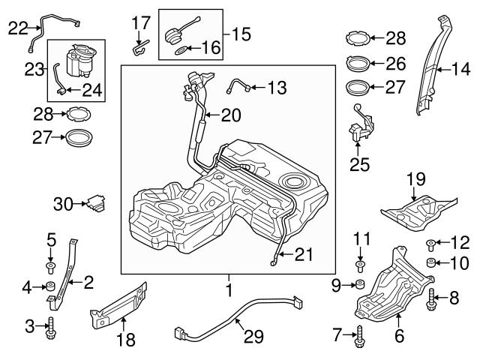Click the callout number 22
(x=16, y=28)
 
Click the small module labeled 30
(x=95, y=202)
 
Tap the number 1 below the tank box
(x=227, y=287)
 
